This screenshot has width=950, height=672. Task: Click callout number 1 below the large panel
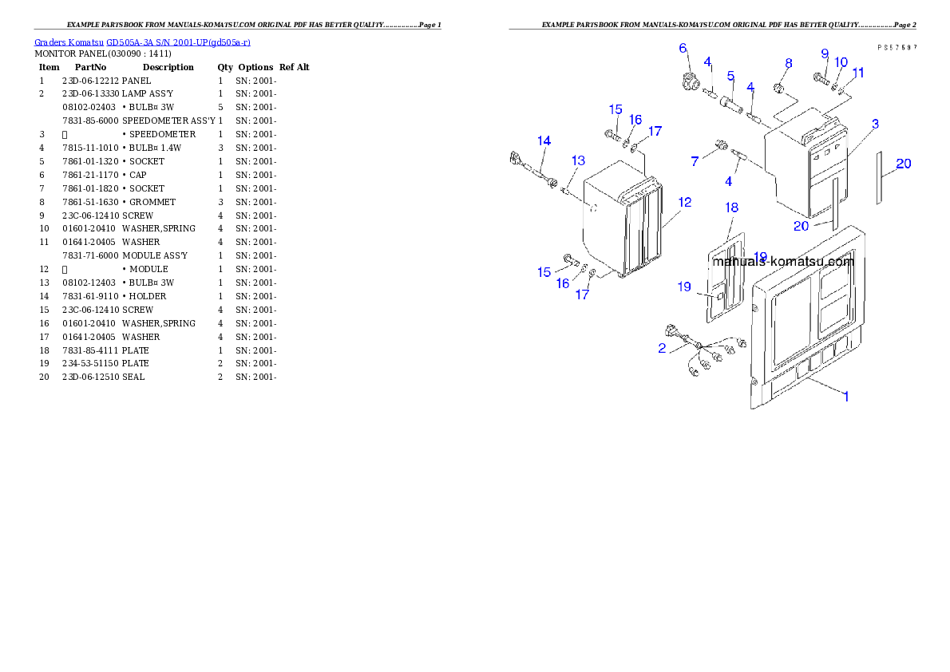(x=846, y=396)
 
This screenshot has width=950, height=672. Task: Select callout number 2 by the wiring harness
(x=662, y=348)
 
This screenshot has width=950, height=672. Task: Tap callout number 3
(x=875, y=124)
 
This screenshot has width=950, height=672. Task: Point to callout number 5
(x=730, y=76)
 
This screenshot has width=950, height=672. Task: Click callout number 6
(x=683, y=48)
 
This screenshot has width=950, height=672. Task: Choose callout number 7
(x=695, y=161)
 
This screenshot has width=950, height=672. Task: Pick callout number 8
(x=788, y=63)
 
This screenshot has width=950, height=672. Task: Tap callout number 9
(x=825, y=54)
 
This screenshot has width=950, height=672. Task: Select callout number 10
(x=841, y=62)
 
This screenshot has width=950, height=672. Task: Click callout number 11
(x=857, y=72)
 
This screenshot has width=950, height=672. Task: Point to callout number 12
(x=684, y=202)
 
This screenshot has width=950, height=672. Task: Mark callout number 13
(x=578, y=160)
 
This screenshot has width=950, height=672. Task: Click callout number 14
(x=544, y=141)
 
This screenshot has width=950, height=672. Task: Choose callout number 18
(x=732, y=208)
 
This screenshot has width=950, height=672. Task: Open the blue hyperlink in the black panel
(x=142, y=42)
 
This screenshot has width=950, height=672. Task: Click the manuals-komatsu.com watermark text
(x=782, y=261)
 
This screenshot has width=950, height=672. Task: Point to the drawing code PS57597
(x=897, y=48)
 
